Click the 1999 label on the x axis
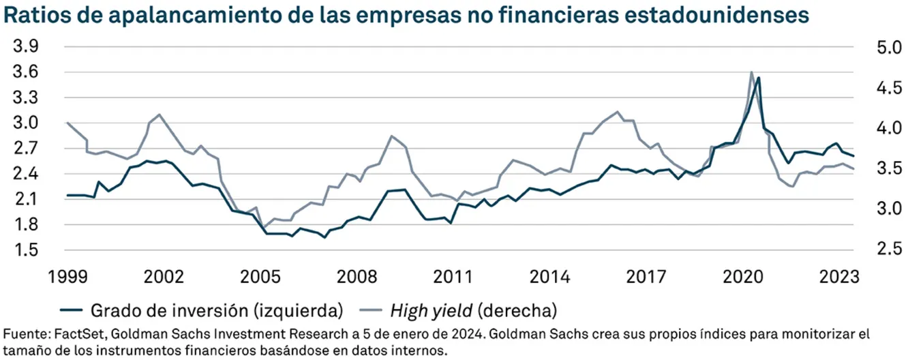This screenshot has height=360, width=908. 67,277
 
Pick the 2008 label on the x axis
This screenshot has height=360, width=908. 357,277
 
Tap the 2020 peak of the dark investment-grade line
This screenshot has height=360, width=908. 758,78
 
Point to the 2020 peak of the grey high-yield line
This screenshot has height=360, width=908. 751,72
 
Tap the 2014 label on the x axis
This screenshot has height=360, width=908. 551,277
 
